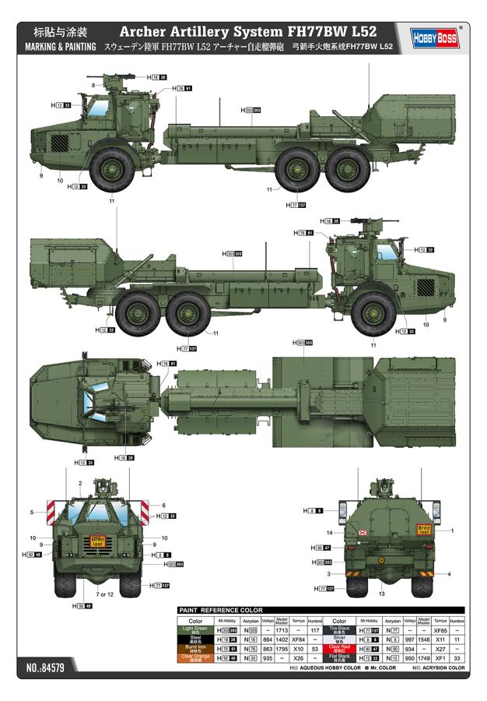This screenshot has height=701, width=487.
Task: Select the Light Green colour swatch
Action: point(196,629)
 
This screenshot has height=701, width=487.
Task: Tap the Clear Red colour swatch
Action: point(341,648)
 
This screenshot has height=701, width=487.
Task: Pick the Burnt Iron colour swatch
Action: point(196,648)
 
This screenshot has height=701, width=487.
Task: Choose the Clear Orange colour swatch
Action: point(196,657)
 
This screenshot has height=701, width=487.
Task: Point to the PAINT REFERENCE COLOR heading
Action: point(221,610)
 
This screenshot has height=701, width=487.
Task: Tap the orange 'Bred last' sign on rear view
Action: point(423,530)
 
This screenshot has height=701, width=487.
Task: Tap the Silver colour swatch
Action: point(341,639)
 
